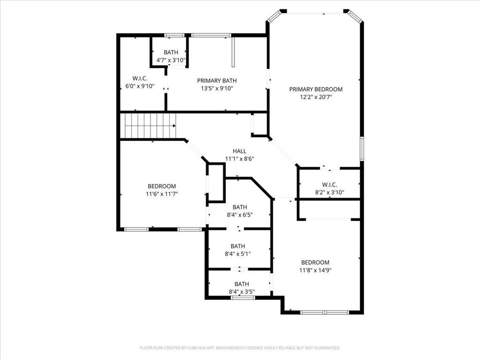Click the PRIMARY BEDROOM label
pos(315,90)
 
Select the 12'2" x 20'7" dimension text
pos(316,97)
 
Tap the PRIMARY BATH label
pos(217,81)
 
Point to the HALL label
pos(240,151)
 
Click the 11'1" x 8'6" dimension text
pos(240,159)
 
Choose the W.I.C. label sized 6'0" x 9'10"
pos(140,78)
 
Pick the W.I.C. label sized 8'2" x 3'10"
pos(330,185)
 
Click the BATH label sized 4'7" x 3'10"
pos(171,52)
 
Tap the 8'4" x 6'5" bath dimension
pos(240,215)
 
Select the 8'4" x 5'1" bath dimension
pos(238,254)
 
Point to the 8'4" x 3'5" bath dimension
pos(242,292)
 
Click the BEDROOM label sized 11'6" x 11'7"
pos(162,186)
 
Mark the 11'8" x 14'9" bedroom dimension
pos(315,270)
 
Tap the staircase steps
pos(150,126)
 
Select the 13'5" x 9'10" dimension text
pos(217,89)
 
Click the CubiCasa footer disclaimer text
pos(240,348)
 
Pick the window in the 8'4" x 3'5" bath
pos(243,297)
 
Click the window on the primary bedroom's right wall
pos(361,149)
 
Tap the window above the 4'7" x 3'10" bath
pos(174,35)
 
